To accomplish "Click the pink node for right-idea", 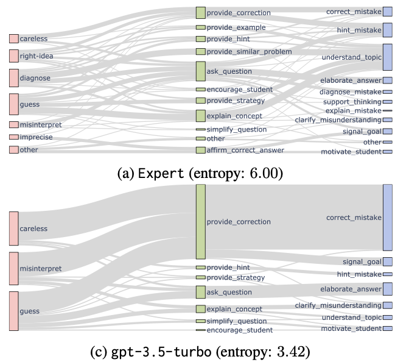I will click(13, 55).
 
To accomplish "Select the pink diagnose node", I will click(13, 78).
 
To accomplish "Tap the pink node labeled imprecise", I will click(13, 137).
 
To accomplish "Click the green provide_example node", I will click(200, 27).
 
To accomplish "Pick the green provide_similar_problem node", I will click(200, 52).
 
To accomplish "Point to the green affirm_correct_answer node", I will click(200, 150).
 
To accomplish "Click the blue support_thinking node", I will click(387, 102).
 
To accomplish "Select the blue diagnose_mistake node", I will click(387, 92).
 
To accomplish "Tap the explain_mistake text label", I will click(353, 111).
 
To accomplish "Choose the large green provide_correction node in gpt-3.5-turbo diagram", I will click(200, 222).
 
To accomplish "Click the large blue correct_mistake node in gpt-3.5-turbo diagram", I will click(387, 218).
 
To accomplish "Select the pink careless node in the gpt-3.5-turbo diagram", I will click(13, 229).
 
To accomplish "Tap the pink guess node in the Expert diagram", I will click(13, 104).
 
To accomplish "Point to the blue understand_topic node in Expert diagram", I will click(387, 57).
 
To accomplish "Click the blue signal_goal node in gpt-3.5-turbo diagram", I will click(387, 262).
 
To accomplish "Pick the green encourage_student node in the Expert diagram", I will click(200, 90).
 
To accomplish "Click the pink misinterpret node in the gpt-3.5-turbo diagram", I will click(13, 268).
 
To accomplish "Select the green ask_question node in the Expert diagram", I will click(200, 71).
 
